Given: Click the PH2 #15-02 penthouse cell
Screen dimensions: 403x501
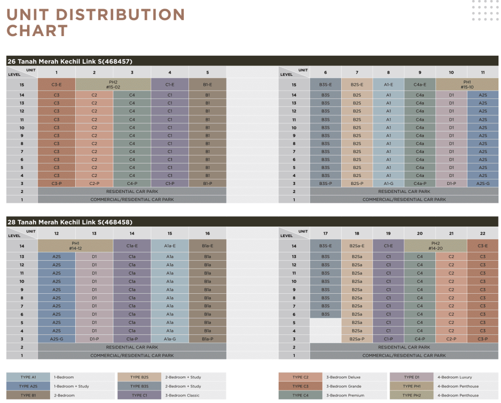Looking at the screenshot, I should coord(113,84).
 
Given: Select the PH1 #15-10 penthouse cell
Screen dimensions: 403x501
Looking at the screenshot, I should coord(467,84).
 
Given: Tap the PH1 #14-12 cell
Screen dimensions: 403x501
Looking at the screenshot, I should coord(75,246).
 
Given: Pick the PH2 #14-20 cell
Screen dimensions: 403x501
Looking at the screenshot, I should coord(435,246).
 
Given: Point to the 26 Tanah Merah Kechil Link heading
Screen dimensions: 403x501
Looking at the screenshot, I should coord(70,61).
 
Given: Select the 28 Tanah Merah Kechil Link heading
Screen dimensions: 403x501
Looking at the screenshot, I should coord(70,222).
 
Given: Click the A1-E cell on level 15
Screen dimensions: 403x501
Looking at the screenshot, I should coord(388,85).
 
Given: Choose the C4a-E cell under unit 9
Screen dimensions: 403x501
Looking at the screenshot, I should coord(420,85).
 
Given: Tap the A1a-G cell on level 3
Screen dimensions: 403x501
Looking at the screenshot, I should coord(170,339).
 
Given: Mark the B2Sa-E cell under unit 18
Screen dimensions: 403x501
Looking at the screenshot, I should coord(357,246).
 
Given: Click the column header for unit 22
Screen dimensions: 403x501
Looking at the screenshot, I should coord(482,234).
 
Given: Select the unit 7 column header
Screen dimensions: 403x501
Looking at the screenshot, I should coord(357,73).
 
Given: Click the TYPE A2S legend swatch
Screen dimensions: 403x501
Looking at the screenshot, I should coord(28,386).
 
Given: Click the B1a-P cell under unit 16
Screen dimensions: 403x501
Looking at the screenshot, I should coord(207,339).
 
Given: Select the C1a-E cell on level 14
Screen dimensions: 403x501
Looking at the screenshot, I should coord(132,246).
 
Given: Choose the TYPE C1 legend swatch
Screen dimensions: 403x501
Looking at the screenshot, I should coord(139,395).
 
